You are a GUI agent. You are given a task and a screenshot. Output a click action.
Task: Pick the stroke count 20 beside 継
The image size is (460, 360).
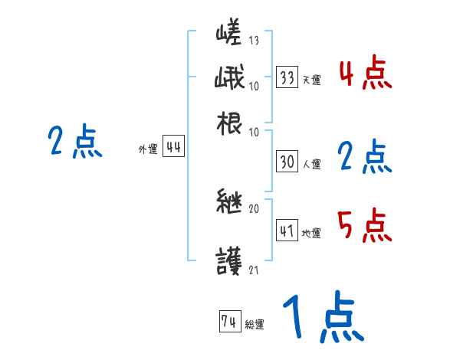[254, 208]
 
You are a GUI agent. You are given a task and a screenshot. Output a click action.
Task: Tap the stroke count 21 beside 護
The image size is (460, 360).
[254, 269]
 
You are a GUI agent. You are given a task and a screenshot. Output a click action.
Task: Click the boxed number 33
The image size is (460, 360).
[287, 77]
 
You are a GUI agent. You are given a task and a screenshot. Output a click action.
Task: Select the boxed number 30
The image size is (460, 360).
[287, 162]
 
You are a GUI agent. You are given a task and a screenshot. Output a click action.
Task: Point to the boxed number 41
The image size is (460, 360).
[287, 231]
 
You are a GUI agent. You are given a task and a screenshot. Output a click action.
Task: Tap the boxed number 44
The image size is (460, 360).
[173, 148]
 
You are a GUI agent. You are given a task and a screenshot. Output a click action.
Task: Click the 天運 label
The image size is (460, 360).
[311, 80]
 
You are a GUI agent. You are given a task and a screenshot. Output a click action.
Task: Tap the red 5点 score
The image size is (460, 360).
[365, 225]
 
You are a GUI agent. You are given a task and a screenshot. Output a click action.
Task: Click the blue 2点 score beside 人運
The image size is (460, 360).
[365, 157]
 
